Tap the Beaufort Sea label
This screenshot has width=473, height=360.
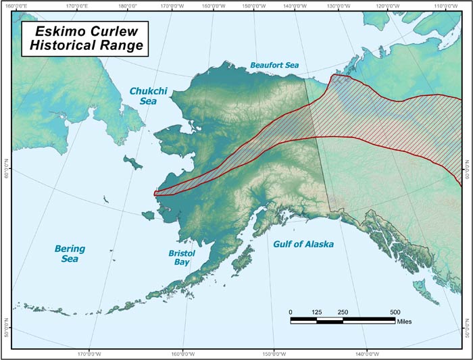tap(274, 66)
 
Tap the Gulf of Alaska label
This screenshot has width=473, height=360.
tap(303, 244)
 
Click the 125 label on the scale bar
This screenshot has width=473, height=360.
tap(316, 311)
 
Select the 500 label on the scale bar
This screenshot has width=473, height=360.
tap(395, 311)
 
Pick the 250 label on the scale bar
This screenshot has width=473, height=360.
tap(343, 311)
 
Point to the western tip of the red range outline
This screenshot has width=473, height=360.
tap(155, 193)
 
